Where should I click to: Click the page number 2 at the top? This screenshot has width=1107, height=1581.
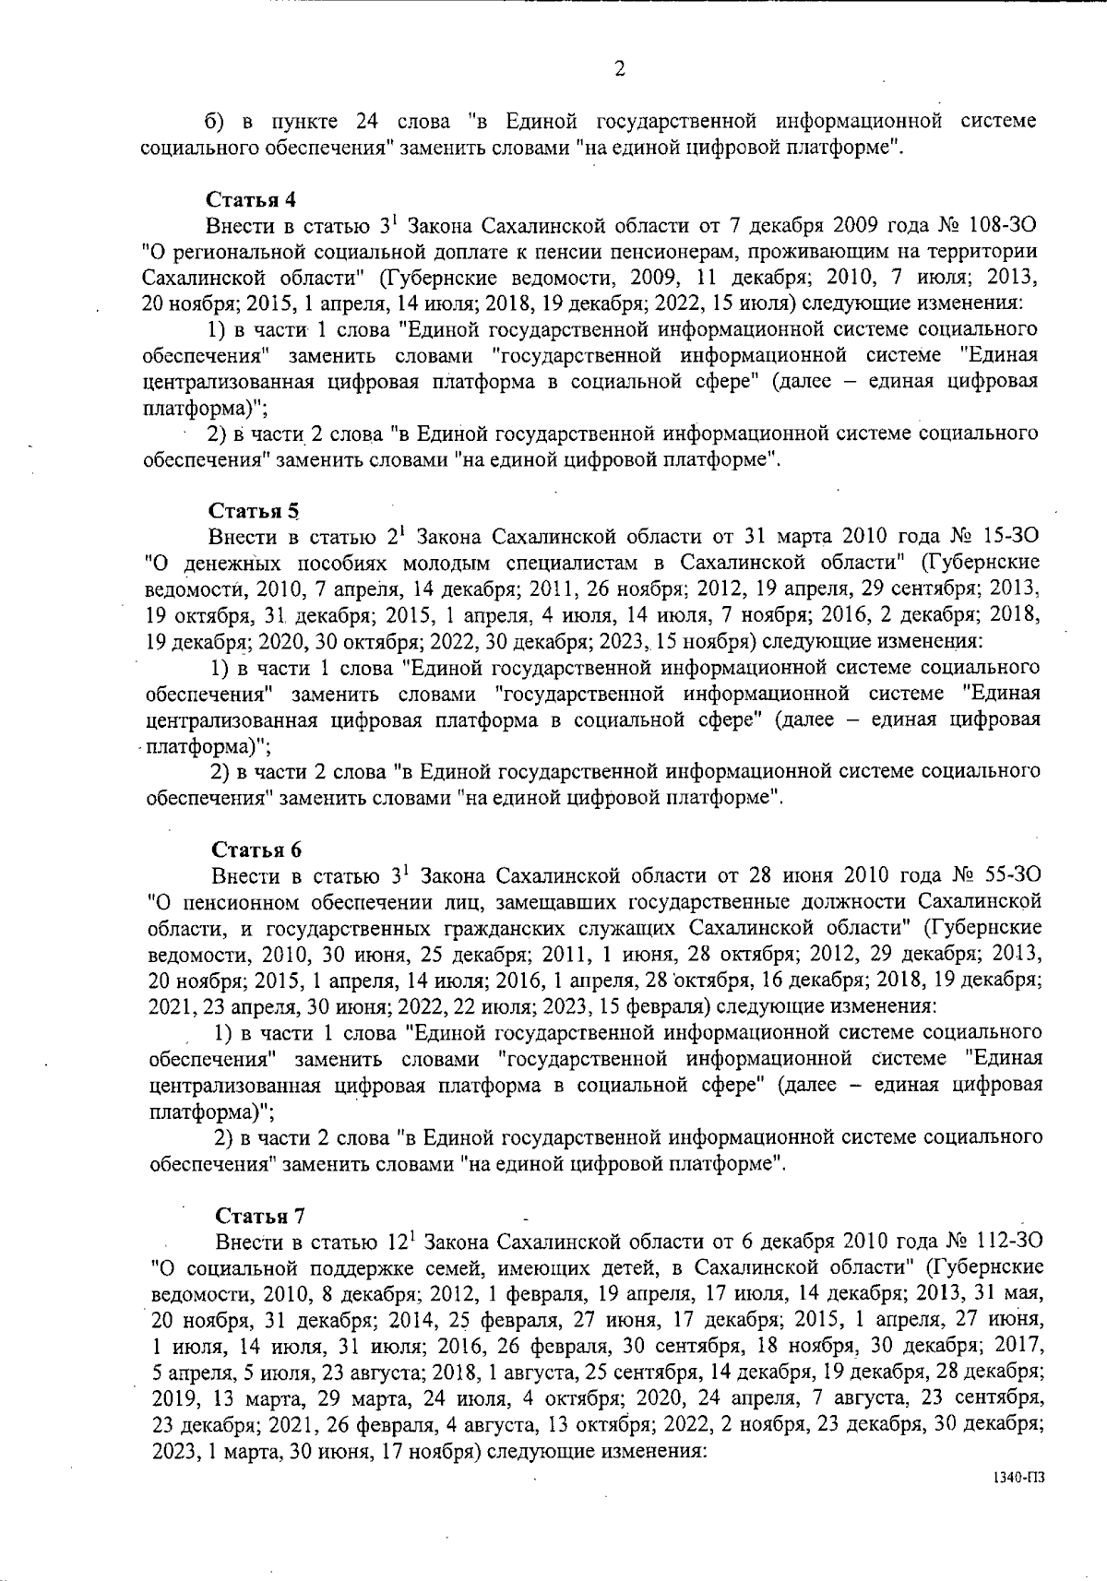point(619,68)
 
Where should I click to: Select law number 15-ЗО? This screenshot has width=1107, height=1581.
point(1010,537)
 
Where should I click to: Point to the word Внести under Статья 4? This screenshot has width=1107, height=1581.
point(242,225)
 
